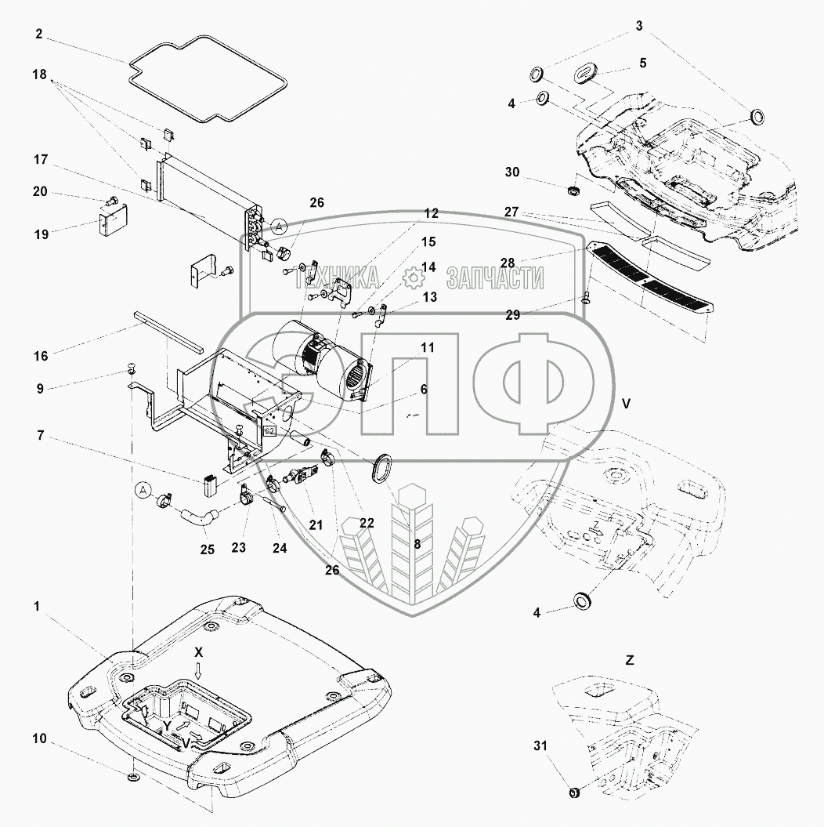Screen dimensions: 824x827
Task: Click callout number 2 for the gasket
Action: (x=39, y=34)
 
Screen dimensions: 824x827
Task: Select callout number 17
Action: (x=41, y=159)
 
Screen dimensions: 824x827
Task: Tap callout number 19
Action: (x=41, y=234)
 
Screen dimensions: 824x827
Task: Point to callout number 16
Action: (x=41, y=356)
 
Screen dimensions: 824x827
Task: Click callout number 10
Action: (x=39, y=738)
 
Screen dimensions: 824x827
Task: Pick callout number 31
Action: (x=540, y=745)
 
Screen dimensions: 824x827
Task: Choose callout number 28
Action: (x=508, y=263)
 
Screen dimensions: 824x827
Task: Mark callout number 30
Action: (x=512, y=172)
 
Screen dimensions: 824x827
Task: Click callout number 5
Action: (x=643, y=63)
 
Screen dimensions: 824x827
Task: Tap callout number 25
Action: (x=207, y=550)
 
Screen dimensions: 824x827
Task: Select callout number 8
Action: (x=417, y=544)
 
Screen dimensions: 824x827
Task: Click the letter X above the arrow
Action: (x=198, y=652)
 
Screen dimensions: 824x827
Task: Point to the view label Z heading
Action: (x=629, y=660)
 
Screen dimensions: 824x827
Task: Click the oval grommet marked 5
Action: (x=584, y=74)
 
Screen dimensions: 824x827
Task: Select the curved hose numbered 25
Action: (x=200, y=515)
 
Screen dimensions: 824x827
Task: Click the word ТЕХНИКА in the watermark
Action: (x=336, y=278)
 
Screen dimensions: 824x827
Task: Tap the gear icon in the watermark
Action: (x=414, y=277)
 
